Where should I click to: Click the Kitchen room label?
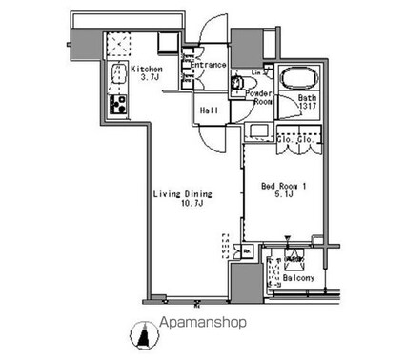(147, 70)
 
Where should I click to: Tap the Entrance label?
(213, 65)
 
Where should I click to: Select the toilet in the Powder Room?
(239, 83)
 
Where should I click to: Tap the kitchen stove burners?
(120, 106)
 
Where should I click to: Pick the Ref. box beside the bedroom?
(247, 252)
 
